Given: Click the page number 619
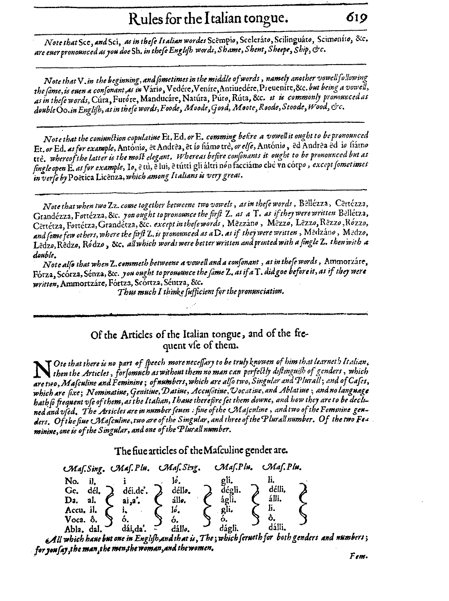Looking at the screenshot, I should (x=355, y=18).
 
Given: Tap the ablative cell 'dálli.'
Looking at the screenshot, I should (x=277, y=527).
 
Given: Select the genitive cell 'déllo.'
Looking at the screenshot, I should (x=179, y=490).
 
